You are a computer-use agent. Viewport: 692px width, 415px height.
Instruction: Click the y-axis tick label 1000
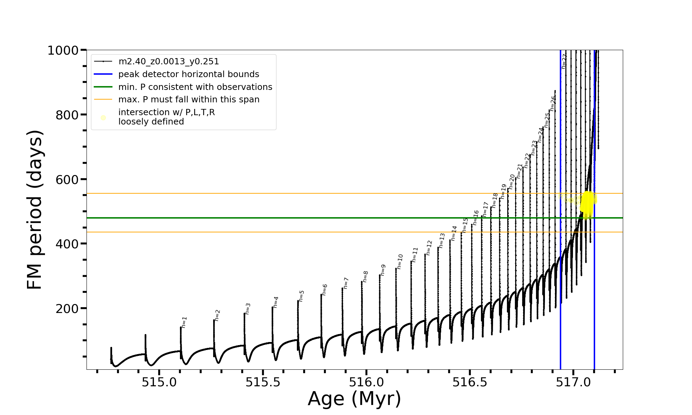point(63,50)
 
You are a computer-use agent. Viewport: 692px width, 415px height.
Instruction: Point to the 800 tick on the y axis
point(67,115)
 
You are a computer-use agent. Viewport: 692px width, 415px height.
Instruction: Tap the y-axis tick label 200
point(67,308)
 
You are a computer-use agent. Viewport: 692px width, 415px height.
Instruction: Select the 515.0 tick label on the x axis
point(159,382)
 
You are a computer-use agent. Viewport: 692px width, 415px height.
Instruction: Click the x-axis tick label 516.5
point(470,382)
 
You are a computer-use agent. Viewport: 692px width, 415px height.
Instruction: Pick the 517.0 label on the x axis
point(573,382)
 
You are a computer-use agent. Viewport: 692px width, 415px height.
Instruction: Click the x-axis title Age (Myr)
point(354,399)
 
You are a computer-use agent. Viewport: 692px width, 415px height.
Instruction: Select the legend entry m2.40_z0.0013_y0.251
point(169,62)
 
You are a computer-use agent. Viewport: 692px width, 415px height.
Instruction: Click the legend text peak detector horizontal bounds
point(189,74)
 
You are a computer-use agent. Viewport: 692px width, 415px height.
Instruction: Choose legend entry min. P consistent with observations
point(195,87)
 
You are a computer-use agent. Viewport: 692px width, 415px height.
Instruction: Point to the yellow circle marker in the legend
point(103,118)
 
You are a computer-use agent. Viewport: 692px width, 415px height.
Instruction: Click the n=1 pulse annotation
point(184,322)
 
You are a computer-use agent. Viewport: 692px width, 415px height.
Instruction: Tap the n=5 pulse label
point(302,296)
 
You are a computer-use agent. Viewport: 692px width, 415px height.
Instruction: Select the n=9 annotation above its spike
point(383,270)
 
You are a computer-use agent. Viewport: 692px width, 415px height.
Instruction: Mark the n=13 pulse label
point(442,240)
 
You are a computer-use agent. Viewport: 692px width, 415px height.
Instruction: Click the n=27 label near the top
point(564,61)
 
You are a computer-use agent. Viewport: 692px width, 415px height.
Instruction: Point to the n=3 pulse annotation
point(248,308)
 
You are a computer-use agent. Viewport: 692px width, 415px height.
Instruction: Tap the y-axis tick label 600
point(67,179)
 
